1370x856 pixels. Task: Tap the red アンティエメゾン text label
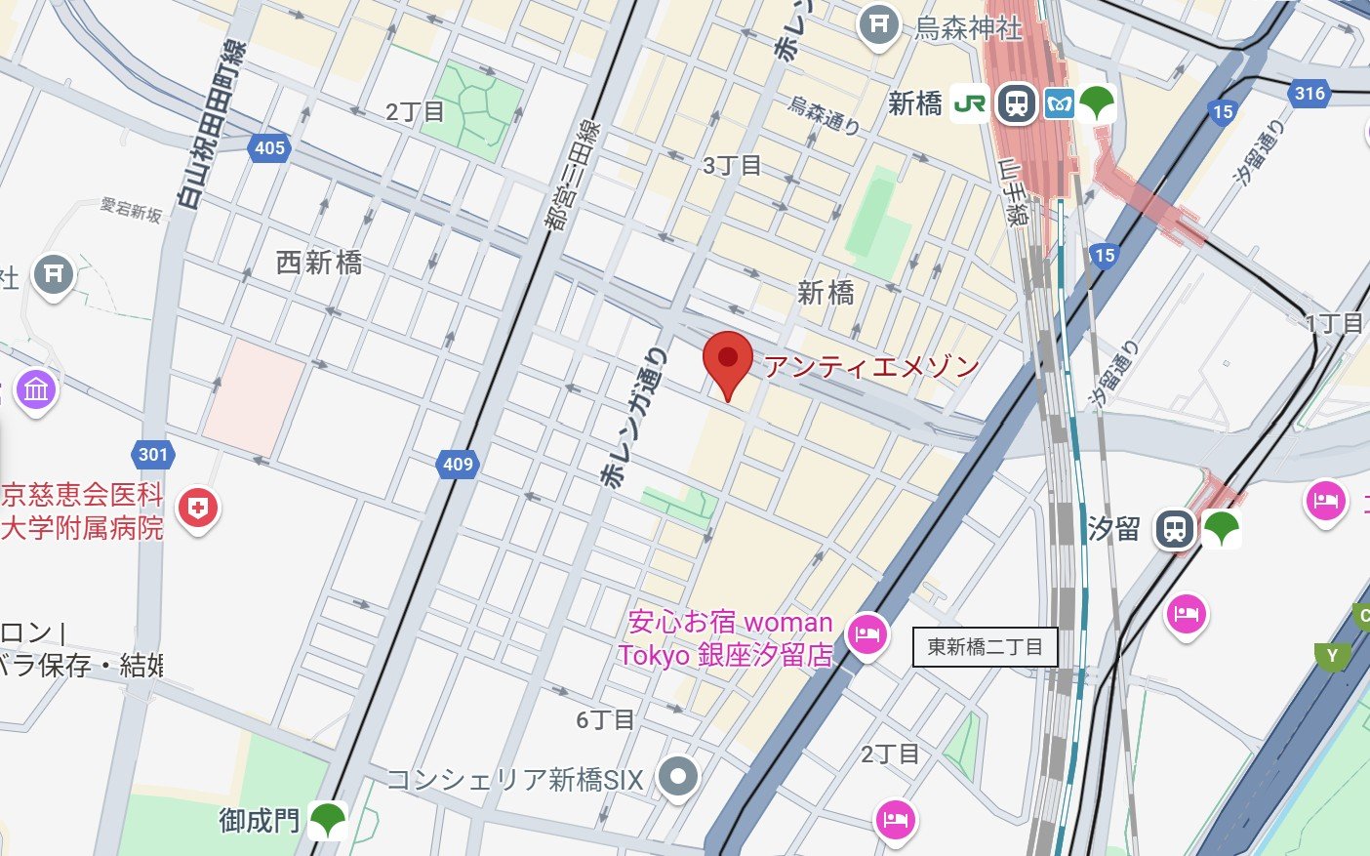coord(870,366)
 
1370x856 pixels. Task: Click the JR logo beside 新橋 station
coord(969,103)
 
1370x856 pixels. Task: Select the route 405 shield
coord(269,148)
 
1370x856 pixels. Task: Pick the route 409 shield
coord(458,464)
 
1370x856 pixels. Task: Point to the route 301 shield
coord(153,454)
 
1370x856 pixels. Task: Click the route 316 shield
coord(1310,93)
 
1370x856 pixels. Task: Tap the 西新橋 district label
coord(319,263)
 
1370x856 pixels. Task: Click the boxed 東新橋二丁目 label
coord(985,646)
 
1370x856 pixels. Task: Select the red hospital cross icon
coord(198,508)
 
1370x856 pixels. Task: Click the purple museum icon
coord(36,390)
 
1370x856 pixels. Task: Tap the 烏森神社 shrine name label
coord(968,28)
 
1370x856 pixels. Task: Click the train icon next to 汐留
coord(1175,529)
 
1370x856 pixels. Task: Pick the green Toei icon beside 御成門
coord(328,820)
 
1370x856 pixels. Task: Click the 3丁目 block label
coord(732,165)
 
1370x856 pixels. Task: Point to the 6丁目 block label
coord(605,720)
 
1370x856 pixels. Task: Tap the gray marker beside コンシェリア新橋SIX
coord(677,777)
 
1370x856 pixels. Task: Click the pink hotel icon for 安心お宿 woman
coord(866,634)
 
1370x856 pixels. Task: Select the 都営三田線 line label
coord(574,176)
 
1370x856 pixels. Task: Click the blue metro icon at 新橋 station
coord(1059,103)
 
